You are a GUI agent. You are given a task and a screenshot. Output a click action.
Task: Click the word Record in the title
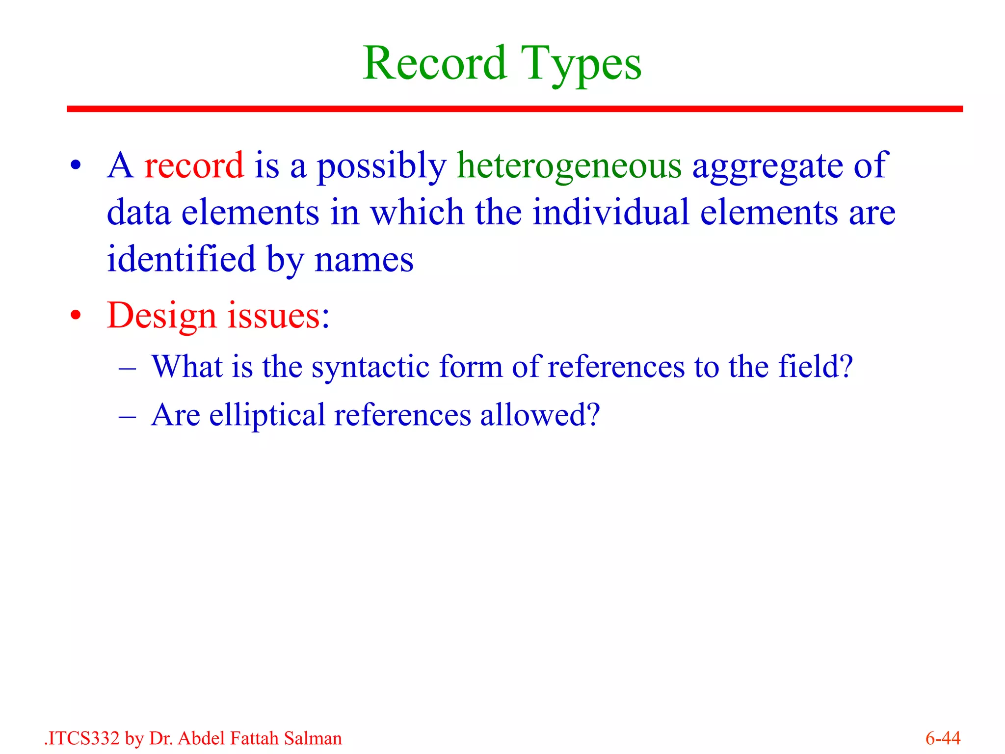(x=435, y=64)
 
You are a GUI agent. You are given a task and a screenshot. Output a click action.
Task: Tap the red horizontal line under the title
(x=514, y=108)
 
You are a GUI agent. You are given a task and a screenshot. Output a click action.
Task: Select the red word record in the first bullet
(x=194, y=165)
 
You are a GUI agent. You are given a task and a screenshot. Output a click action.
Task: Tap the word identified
(x=181, y=259)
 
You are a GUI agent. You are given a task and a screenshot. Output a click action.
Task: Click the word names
(x=364, y=260)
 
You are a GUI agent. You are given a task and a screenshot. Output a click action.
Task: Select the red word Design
(x=161, y=316)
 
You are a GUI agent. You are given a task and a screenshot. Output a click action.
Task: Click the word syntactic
(x=370, y=367)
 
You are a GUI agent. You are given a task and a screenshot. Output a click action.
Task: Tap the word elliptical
(x=267, y=415)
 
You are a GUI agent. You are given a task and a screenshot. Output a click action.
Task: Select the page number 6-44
(x=943, y=738)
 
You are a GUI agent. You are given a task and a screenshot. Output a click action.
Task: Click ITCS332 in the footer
(x=83, y=738)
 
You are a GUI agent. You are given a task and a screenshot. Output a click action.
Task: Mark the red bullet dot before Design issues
(x=75, y=315)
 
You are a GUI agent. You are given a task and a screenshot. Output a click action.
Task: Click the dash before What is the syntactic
(x=127, y=368)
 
